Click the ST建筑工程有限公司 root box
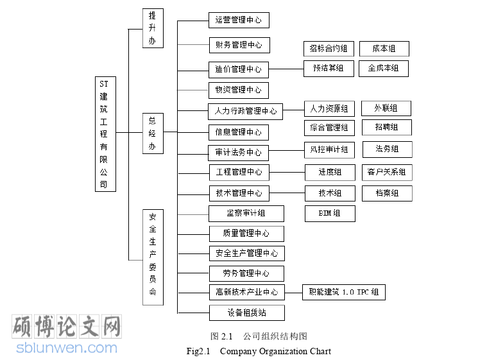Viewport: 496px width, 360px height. click(x=105, y=133)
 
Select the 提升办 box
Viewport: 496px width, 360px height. click(x=152, y=28)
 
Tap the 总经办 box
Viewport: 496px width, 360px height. click(x=152, y=133)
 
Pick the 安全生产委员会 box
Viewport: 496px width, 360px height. click(x=152, y=257)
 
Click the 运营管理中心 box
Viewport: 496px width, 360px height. click(x=238, y=20)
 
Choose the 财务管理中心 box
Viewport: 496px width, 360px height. click(x=238, y=45)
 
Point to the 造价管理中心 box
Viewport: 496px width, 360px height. click(x=238, y=69)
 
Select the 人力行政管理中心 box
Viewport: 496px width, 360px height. click(x=246, y=111)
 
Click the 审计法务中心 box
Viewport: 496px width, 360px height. click(x=238, y=153)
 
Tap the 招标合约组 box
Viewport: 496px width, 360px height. click(x=328, y=49)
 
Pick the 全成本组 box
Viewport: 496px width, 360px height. click(x=383, y=68)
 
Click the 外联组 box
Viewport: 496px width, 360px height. click(x=386, y=108)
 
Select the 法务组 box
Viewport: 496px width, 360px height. click(x=387, y=150)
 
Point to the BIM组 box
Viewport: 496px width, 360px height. click(x=330, y=213)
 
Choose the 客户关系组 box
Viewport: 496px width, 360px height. click(x=386, y=172)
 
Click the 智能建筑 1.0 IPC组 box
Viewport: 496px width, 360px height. click(x=343, y=293)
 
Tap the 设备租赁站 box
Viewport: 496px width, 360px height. click(x=246, y=313)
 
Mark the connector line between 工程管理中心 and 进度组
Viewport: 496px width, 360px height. click(x=287, y=172)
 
